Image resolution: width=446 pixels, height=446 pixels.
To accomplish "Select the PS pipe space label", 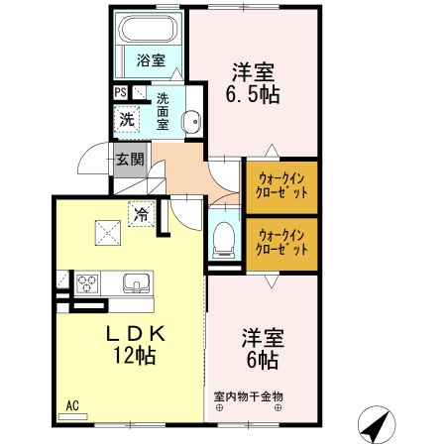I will click(x=120, y=94).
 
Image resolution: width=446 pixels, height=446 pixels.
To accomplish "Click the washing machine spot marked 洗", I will click(x=127, y=120).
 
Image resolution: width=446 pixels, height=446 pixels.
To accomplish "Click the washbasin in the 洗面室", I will click(x=192, y=124).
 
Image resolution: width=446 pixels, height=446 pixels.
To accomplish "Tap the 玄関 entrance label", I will click(x=129, y=159).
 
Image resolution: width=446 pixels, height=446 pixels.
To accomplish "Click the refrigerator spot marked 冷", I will click(x=141, y=212).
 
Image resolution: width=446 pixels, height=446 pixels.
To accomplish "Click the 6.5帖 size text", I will click(x=253, y=96).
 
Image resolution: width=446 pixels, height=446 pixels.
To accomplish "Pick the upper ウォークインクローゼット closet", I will click(x=282, y=184).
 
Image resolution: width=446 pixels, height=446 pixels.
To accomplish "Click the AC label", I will click(x=72, y=404).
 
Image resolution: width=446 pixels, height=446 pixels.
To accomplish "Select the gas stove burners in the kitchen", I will click(x=86, y=282).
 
